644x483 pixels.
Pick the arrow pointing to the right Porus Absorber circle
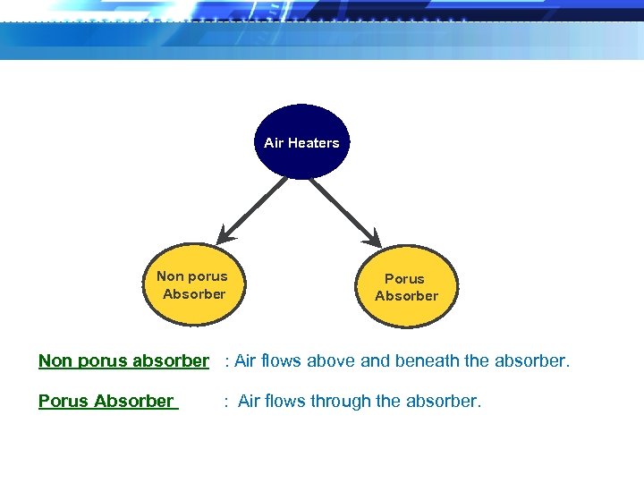pyautogui.click(x=344, y=211)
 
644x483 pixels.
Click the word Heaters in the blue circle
pyautogui.click(x=313, y=143)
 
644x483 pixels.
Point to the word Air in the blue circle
pyautogui.click(x=274, y=143)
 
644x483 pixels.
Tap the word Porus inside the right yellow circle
pyautogui.click(x=404, y=279)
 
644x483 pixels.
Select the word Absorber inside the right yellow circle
pyautogui.click(x=407, y=296)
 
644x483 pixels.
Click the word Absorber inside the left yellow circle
pyautogui.click(x=194, y=293)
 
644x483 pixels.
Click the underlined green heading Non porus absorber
pyautogui.click(x=123, y=361)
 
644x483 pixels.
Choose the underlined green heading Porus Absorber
pyautogui.click(x=106, y=402)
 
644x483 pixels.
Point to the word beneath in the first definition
pyautogui.click(x=428, y=361)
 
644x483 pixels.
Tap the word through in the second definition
pyautogui.click(x=341, y=402)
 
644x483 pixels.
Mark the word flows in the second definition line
pyautogui.click(x=285, y=402)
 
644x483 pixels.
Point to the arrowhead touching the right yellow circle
pyautogui.click(x=374, y=240)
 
